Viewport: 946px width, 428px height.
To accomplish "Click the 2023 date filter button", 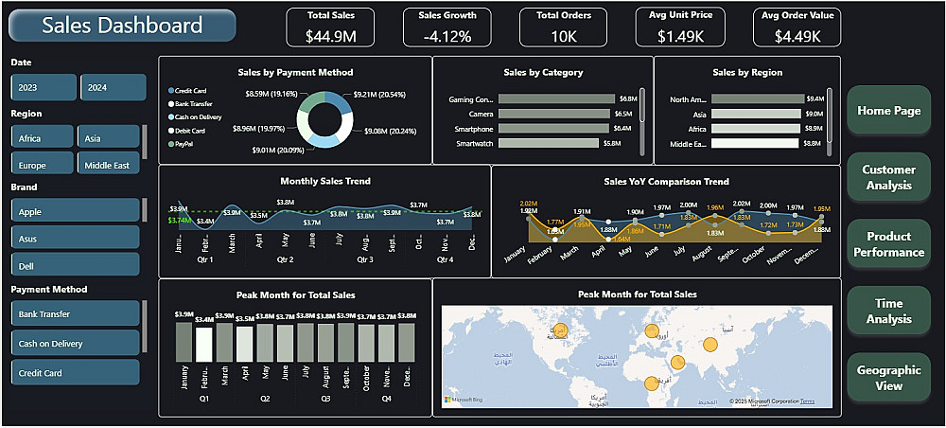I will [x=44, y=87].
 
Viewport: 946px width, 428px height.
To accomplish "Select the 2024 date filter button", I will [x=113, y=87].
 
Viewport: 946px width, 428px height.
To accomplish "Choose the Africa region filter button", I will [x=42, y=138].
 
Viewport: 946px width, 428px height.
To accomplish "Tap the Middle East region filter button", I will [x=109, y=165].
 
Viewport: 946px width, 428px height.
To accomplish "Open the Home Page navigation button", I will [x=888, y=111].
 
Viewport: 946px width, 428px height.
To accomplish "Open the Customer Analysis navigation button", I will [x=888, y=178].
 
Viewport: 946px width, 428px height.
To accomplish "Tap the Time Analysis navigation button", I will [x=888, y=312].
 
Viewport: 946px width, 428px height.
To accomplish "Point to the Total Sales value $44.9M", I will [x=330, y=37].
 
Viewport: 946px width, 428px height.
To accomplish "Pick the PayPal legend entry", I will [x=184, y=144].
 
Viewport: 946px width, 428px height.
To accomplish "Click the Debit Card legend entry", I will [x=192, y=130].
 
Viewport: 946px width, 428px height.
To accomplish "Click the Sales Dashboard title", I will [x=123, y=26].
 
